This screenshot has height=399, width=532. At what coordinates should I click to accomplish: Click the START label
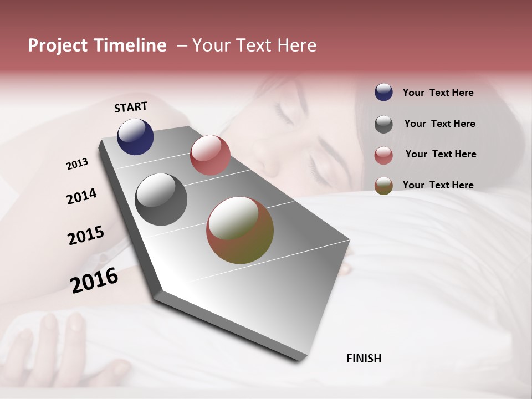pos(131,107)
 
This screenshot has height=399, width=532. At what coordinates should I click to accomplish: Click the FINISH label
pos(364,359)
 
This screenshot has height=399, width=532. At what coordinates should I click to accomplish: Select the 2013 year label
pos(78,164)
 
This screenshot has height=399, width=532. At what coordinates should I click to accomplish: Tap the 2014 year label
pos(82,197)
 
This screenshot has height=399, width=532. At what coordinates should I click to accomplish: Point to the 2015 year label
pos(86,236)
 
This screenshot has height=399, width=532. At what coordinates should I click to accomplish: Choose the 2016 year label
pos(94,280)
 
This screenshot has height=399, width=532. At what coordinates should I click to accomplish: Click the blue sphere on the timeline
pos(135,136)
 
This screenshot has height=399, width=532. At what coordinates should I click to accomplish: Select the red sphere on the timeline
pos(210,155)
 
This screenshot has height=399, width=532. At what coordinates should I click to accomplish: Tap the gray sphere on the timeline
pos(161,199)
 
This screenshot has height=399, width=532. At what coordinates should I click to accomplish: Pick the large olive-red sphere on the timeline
pos(240,231)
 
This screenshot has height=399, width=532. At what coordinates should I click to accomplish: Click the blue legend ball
pos(383,93)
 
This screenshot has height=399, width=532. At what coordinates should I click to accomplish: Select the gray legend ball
pos(383,124)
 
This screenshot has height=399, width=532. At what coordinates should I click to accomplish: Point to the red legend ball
pos(383,155)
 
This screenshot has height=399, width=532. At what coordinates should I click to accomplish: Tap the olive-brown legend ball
pos(383,186)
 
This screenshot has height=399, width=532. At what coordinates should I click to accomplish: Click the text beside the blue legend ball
pos(438,93)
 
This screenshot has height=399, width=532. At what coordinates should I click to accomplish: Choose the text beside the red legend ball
pos(441,154)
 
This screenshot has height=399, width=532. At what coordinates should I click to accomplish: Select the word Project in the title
pos(58,45)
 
